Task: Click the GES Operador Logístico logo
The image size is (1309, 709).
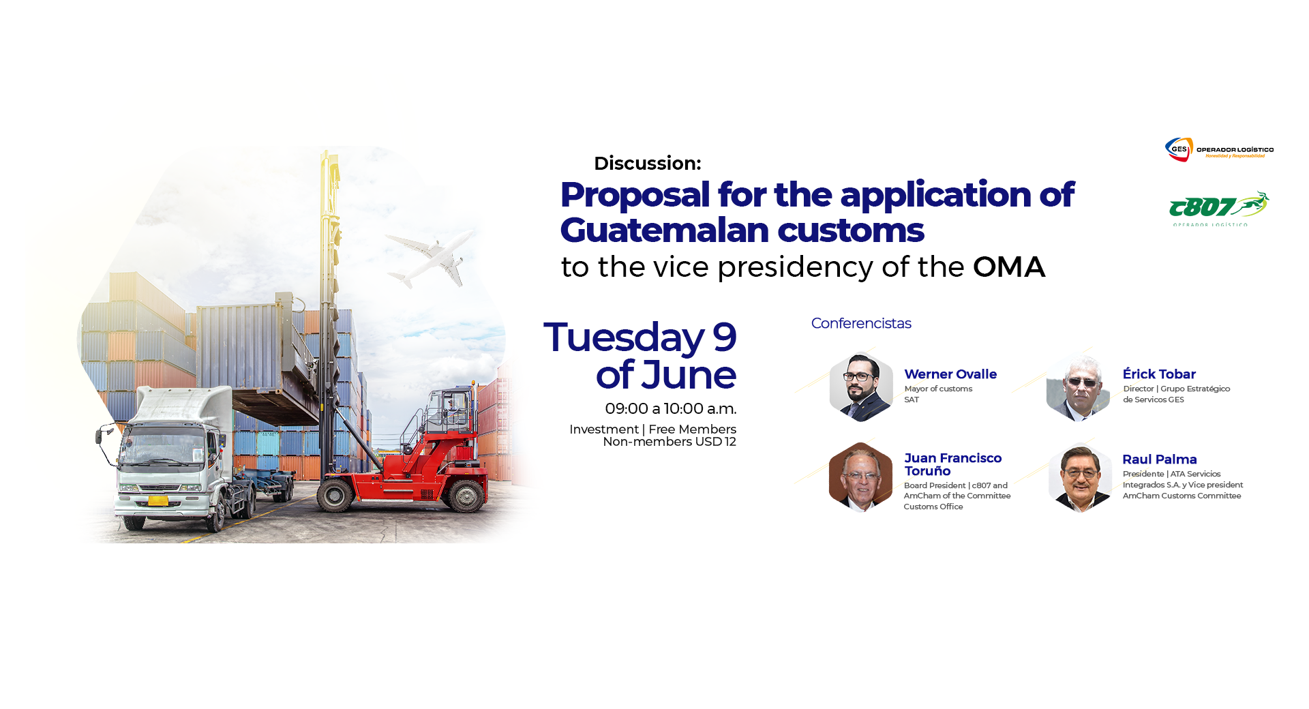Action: (x=1219, y=149)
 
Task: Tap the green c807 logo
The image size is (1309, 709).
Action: (x=1218, y=209)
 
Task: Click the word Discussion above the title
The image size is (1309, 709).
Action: (x=647, y=164)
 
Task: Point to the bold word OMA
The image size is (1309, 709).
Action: (x=1009, y=267)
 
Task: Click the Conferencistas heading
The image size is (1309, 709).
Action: (x=861, y=323)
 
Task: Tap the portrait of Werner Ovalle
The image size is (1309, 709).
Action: (x=861, y=386)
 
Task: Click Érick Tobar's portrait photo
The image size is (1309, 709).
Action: (x=1079, y=387)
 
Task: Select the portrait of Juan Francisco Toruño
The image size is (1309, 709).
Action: (x=860, y=477)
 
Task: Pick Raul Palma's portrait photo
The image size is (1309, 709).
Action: (x=1081, y=477)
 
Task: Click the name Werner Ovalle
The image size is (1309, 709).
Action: (x=950, y=374)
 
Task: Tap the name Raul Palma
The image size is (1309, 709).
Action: (x=1160, y=459)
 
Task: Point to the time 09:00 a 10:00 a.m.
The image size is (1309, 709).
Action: (x=671, y=409)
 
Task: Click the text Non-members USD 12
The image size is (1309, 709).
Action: (x=669, y=442)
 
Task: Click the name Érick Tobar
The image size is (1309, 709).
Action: (x=1159, y=374)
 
